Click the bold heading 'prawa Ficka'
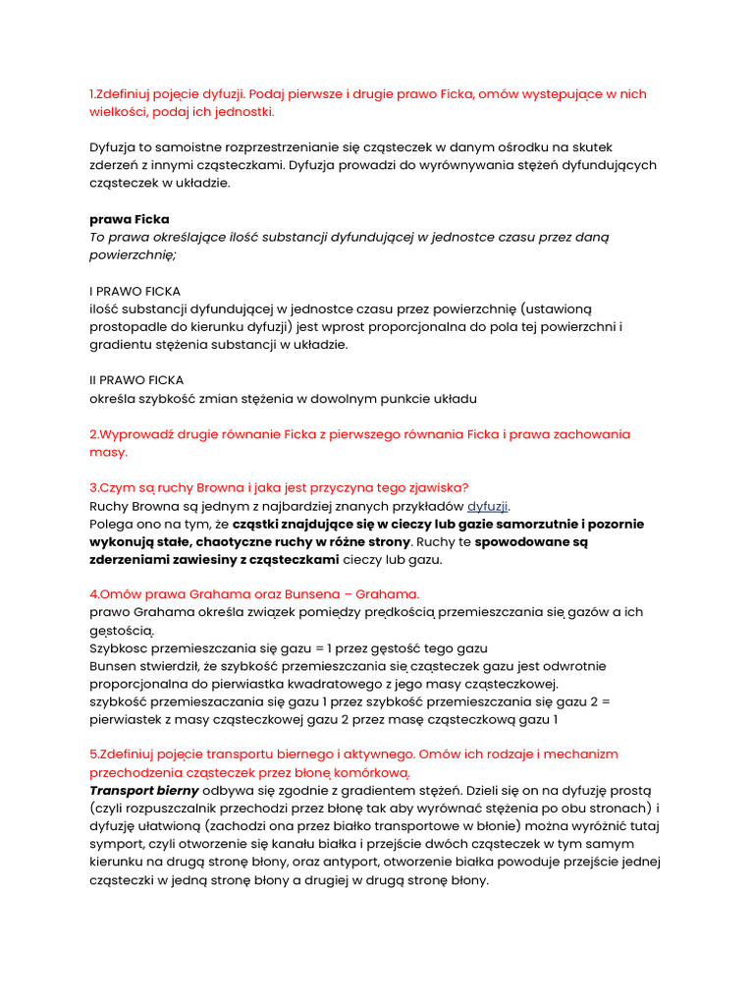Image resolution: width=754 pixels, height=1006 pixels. click(x=129, y=218)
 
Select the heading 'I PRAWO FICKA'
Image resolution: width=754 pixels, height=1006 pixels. click(x=135, y=291)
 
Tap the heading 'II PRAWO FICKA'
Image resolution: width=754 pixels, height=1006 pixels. click(x=136, y=380)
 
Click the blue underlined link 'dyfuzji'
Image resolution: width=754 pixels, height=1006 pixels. click(x=488, y=506)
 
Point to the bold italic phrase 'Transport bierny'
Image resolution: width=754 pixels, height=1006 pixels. click(x=144, y=790)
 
